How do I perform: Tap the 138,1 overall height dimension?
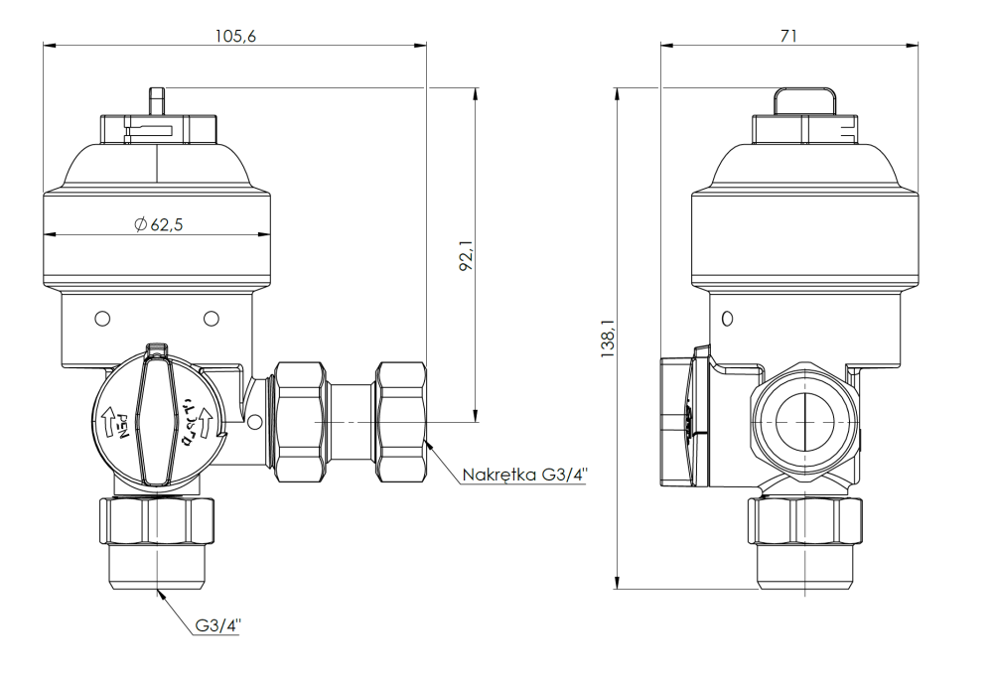click(608, 339)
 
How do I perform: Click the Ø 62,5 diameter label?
click(158, 224)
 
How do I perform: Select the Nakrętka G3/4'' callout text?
click(524, 475)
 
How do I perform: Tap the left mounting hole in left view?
click(101, 319)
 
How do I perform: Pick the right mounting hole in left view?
click(211, 319)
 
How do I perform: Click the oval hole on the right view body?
click(727, 319)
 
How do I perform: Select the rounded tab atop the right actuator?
click(804, 100)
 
